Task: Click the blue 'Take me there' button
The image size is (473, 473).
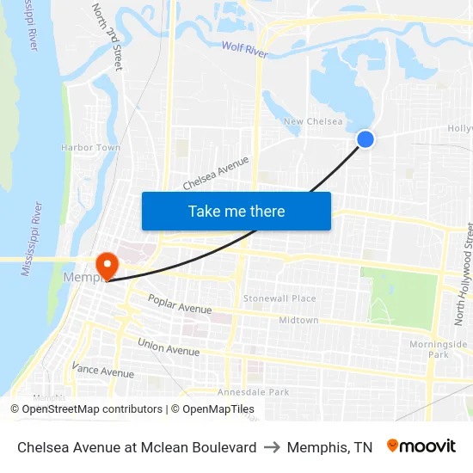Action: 236,211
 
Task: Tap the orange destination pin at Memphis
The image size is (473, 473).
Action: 107,264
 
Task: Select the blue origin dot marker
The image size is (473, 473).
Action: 365,138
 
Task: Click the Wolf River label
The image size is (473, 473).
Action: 245,49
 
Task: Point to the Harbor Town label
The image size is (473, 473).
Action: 90,148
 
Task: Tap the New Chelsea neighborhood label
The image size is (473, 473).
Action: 313,122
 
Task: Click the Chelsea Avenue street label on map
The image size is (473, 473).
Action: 216,173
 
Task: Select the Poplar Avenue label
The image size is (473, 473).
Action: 180,304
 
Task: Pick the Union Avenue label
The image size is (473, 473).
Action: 169,347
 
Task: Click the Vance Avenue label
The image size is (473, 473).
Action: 103,370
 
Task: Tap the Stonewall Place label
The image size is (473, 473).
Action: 279,298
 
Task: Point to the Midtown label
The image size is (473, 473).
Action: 298,320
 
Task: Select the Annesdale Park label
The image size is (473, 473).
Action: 254,391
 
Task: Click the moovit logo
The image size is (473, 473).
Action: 421,446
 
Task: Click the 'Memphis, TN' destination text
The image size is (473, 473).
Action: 329,447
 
